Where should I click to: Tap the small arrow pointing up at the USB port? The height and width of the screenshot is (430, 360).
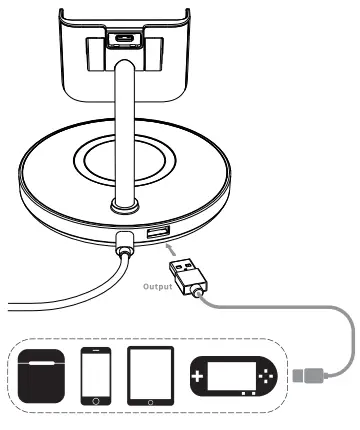(x=169, y=250)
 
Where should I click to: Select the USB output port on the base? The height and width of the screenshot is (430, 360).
(x=158, y=233)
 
